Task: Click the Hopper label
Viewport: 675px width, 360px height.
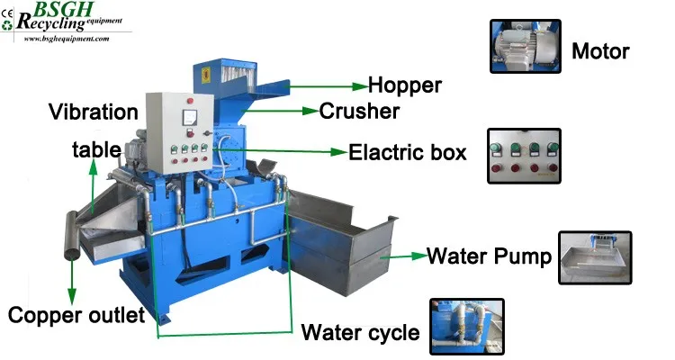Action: [405, 85]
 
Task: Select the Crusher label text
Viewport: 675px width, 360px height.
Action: [359, 111]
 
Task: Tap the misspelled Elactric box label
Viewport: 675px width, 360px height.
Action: [407, 152]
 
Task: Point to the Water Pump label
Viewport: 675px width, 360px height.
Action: [488, 256]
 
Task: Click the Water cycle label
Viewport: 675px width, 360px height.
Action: [360, 333]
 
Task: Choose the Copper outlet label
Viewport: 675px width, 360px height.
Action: [76, 315]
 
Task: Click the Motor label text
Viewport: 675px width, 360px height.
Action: [600, 50]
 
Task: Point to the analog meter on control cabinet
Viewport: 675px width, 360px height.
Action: [190, 117]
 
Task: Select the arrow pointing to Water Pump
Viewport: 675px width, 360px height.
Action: [400, 256]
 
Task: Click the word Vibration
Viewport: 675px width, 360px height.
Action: [95, 112]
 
